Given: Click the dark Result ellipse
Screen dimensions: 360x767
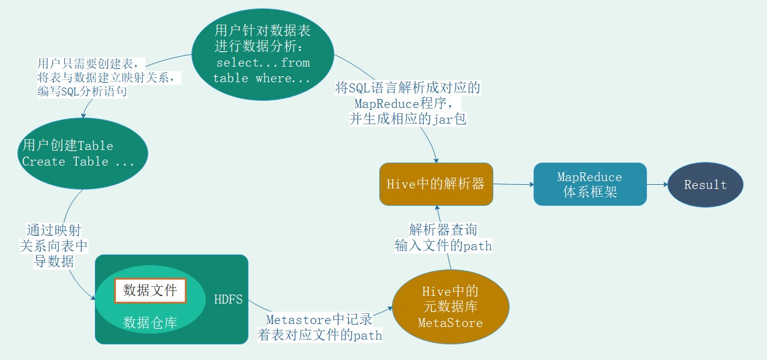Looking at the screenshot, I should tap(705, 185).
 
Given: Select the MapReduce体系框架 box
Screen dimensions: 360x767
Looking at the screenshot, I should tap(590, 184).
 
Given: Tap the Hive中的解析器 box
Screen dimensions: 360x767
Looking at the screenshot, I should tap(436, 184).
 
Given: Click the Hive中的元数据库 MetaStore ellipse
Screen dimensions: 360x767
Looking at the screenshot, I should tap(450, 307).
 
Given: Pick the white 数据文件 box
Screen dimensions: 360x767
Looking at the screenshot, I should tap(150, 290).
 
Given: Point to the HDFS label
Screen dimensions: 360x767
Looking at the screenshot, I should tap(229, 299).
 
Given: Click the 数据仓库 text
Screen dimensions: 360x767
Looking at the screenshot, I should tap(150, 323).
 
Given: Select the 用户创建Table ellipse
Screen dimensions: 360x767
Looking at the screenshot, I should tap(82, 154).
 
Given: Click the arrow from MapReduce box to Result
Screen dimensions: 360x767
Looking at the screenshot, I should tap(657, 185).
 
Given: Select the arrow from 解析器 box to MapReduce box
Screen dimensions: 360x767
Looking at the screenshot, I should tap(513, 185).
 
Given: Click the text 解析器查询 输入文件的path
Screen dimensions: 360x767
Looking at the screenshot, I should tap(443, 238).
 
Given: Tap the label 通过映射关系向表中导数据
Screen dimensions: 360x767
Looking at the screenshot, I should tap(53, 245).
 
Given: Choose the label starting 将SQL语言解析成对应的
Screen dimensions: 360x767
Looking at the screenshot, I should tap(408, 103).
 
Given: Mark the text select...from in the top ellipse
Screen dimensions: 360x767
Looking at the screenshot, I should tap(263, 62).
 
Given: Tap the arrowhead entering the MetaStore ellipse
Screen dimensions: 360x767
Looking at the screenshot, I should tap(390, 307).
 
